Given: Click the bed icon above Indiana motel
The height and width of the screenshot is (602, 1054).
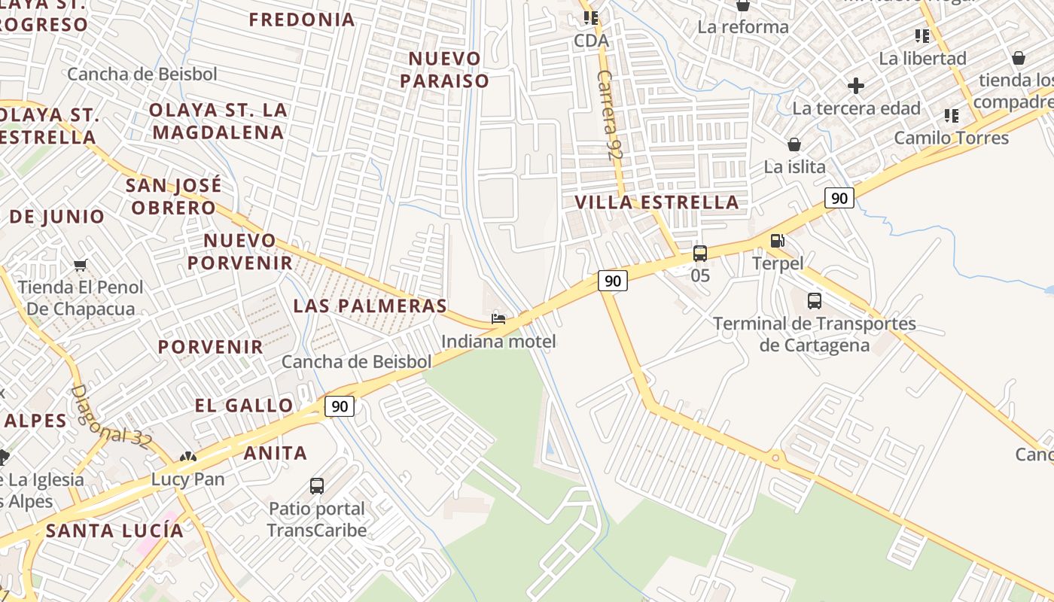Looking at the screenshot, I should [498, 319].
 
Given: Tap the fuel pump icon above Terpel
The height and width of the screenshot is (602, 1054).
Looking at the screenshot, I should [778, 241].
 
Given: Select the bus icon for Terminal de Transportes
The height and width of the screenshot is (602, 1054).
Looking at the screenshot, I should [815, 301].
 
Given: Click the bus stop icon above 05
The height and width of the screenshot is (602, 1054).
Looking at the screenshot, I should [700, 254].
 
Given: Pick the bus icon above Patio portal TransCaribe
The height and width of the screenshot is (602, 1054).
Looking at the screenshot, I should [317, 486].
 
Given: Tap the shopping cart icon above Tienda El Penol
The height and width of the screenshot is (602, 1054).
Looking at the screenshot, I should [81, 265].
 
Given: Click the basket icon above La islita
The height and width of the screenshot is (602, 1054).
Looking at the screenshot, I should [794, 144].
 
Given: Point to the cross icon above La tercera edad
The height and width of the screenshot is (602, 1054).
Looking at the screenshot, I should [856, 86].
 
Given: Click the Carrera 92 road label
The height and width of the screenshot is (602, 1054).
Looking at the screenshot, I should [605, 114].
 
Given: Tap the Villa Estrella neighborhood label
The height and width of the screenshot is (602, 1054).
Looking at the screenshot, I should [656, 202].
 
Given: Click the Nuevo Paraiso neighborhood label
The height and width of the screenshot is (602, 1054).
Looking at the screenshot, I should [445, 69].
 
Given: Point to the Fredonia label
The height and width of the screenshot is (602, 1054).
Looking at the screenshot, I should [302, 20].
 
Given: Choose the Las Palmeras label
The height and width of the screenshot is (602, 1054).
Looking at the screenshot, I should [370, 306].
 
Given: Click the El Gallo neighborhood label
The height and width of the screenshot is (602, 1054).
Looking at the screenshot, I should [244, 406].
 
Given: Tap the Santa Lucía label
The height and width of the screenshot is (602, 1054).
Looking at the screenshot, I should [114, 531].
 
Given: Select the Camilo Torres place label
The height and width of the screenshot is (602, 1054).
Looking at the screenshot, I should [952, 138].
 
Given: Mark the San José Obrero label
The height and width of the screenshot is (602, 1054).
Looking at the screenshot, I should [174, 196].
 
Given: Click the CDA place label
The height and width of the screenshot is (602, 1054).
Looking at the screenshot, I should [591, 41].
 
